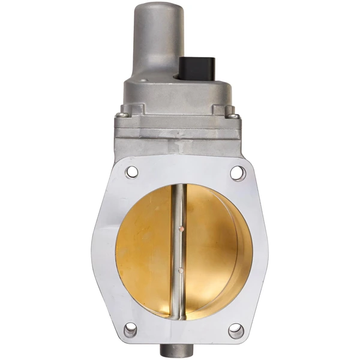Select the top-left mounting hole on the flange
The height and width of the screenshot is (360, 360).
(x=132, y=172)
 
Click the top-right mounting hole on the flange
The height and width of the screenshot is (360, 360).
(x=238, y=173)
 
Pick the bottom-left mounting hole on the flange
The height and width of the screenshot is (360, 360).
(x=130, y=329)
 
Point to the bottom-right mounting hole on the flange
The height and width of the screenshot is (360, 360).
(x=236, y=331)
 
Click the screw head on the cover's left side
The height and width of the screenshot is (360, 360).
(x=122, y=114)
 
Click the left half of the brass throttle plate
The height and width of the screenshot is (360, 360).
(x=144, y=252)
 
